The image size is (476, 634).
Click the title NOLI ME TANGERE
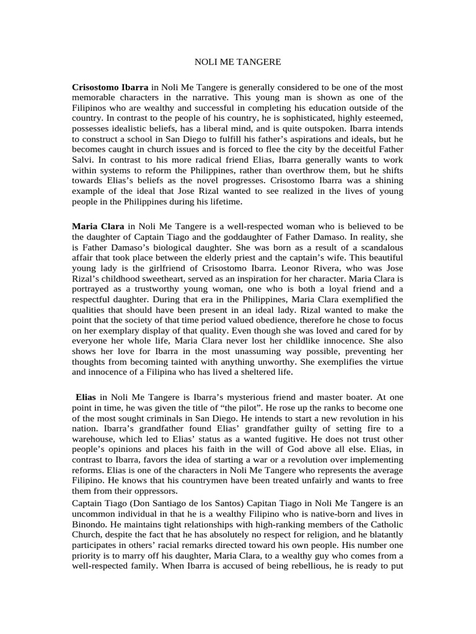click(238, 63)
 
